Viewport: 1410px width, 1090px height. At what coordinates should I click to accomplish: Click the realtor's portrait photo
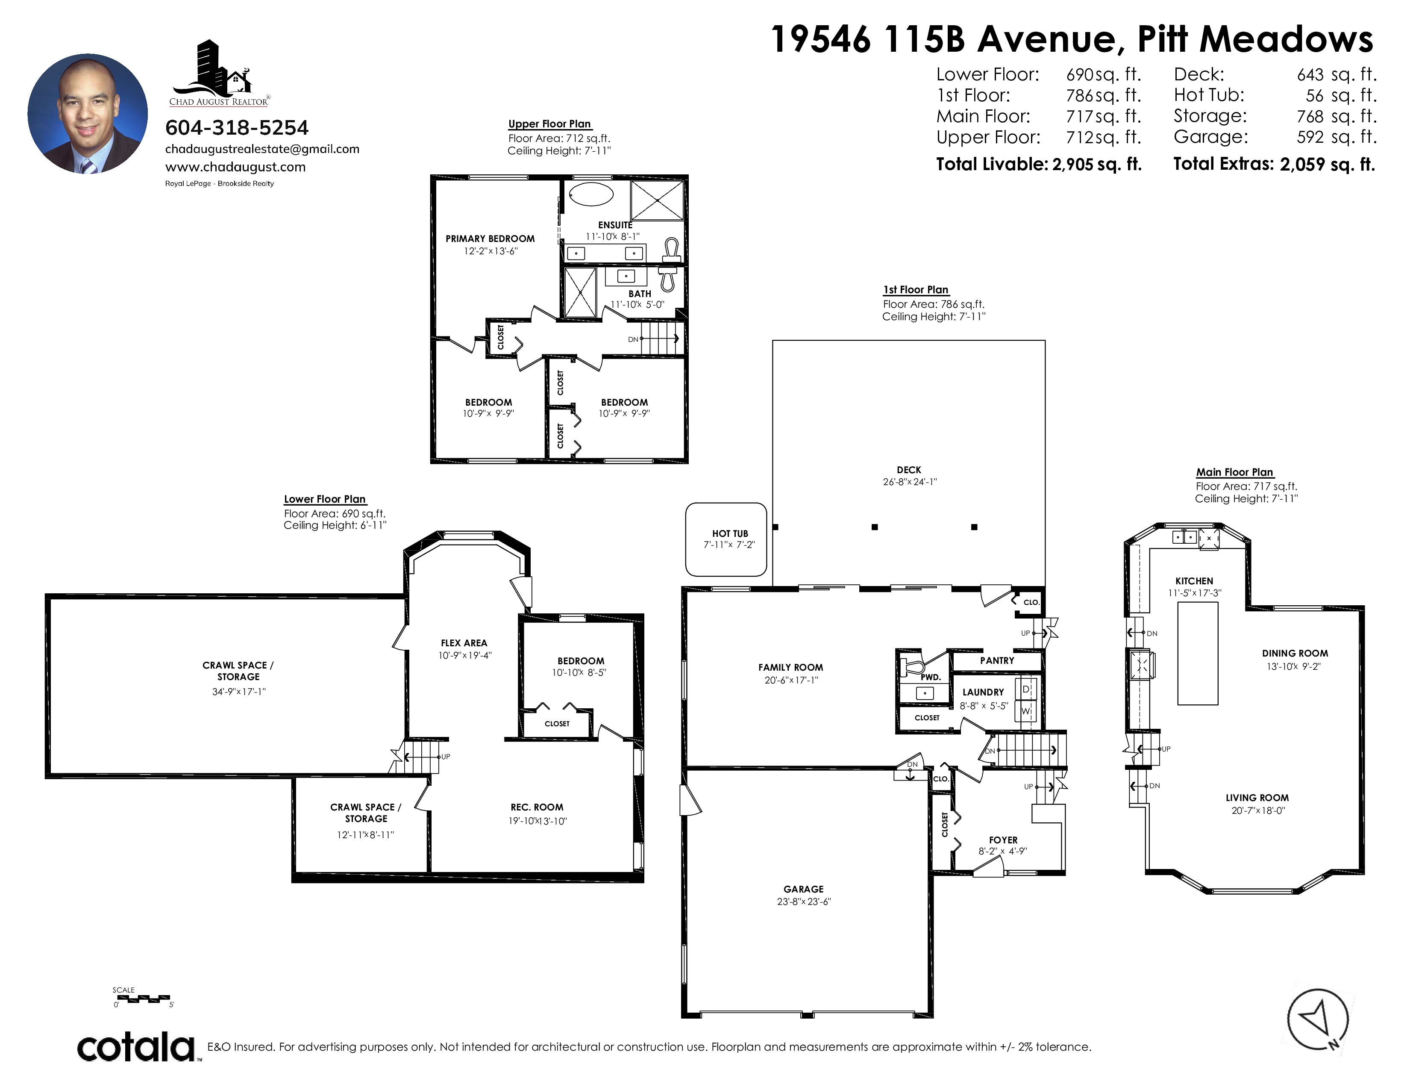(88, 114)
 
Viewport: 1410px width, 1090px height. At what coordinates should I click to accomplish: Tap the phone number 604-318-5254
(237, 128)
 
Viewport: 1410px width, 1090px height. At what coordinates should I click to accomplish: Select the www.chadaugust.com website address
(236, 167)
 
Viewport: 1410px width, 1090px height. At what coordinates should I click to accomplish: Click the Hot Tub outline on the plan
(726, 539)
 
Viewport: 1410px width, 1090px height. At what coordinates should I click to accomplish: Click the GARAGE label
(804, 889)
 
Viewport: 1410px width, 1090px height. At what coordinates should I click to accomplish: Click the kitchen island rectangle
(1198, 654)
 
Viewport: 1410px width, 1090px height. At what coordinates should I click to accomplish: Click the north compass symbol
(1318, 1019)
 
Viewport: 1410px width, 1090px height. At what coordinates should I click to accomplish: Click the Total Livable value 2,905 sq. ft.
(1097, 165)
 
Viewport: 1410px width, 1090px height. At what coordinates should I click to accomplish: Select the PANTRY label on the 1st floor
(997, 660)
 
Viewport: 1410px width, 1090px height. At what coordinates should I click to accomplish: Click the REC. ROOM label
(537, 807)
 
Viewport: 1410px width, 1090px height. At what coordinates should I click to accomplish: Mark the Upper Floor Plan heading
(549, 124)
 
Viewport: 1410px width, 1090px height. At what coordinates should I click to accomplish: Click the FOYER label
(1003, 840)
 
